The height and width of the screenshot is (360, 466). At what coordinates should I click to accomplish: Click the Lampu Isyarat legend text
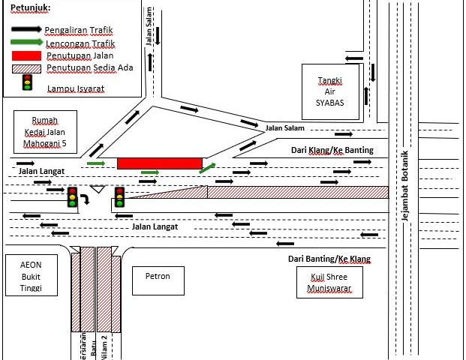pyautogui.click(x=75, y=88)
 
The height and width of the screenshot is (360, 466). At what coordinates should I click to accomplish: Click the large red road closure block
pyautogui.click(x=160, y=163)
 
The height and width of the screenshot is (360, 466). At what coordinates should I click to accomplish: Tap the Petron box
pyautogui.click(x=157, y=277)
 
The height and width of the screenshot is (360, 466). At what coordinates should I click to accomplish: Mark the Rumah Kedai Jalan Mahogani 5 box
pyautogui.click(x=44, y=132)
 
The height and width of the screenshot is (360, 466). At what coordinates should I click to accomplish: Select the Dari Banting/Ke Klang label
pyautogui.click(x=329, y=259)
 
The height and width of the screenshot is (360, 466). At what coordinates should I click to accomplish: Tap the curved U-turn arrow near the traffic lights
pyautogui.click(x=86, y=199)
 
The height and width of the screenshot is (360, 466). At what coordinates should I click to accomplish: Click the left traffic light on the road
pyautogui.click(x=72, y=196)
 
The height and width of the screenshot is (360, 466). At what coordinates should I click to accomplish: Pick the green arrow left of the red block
pyautogui.click(x=96, y=162)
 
